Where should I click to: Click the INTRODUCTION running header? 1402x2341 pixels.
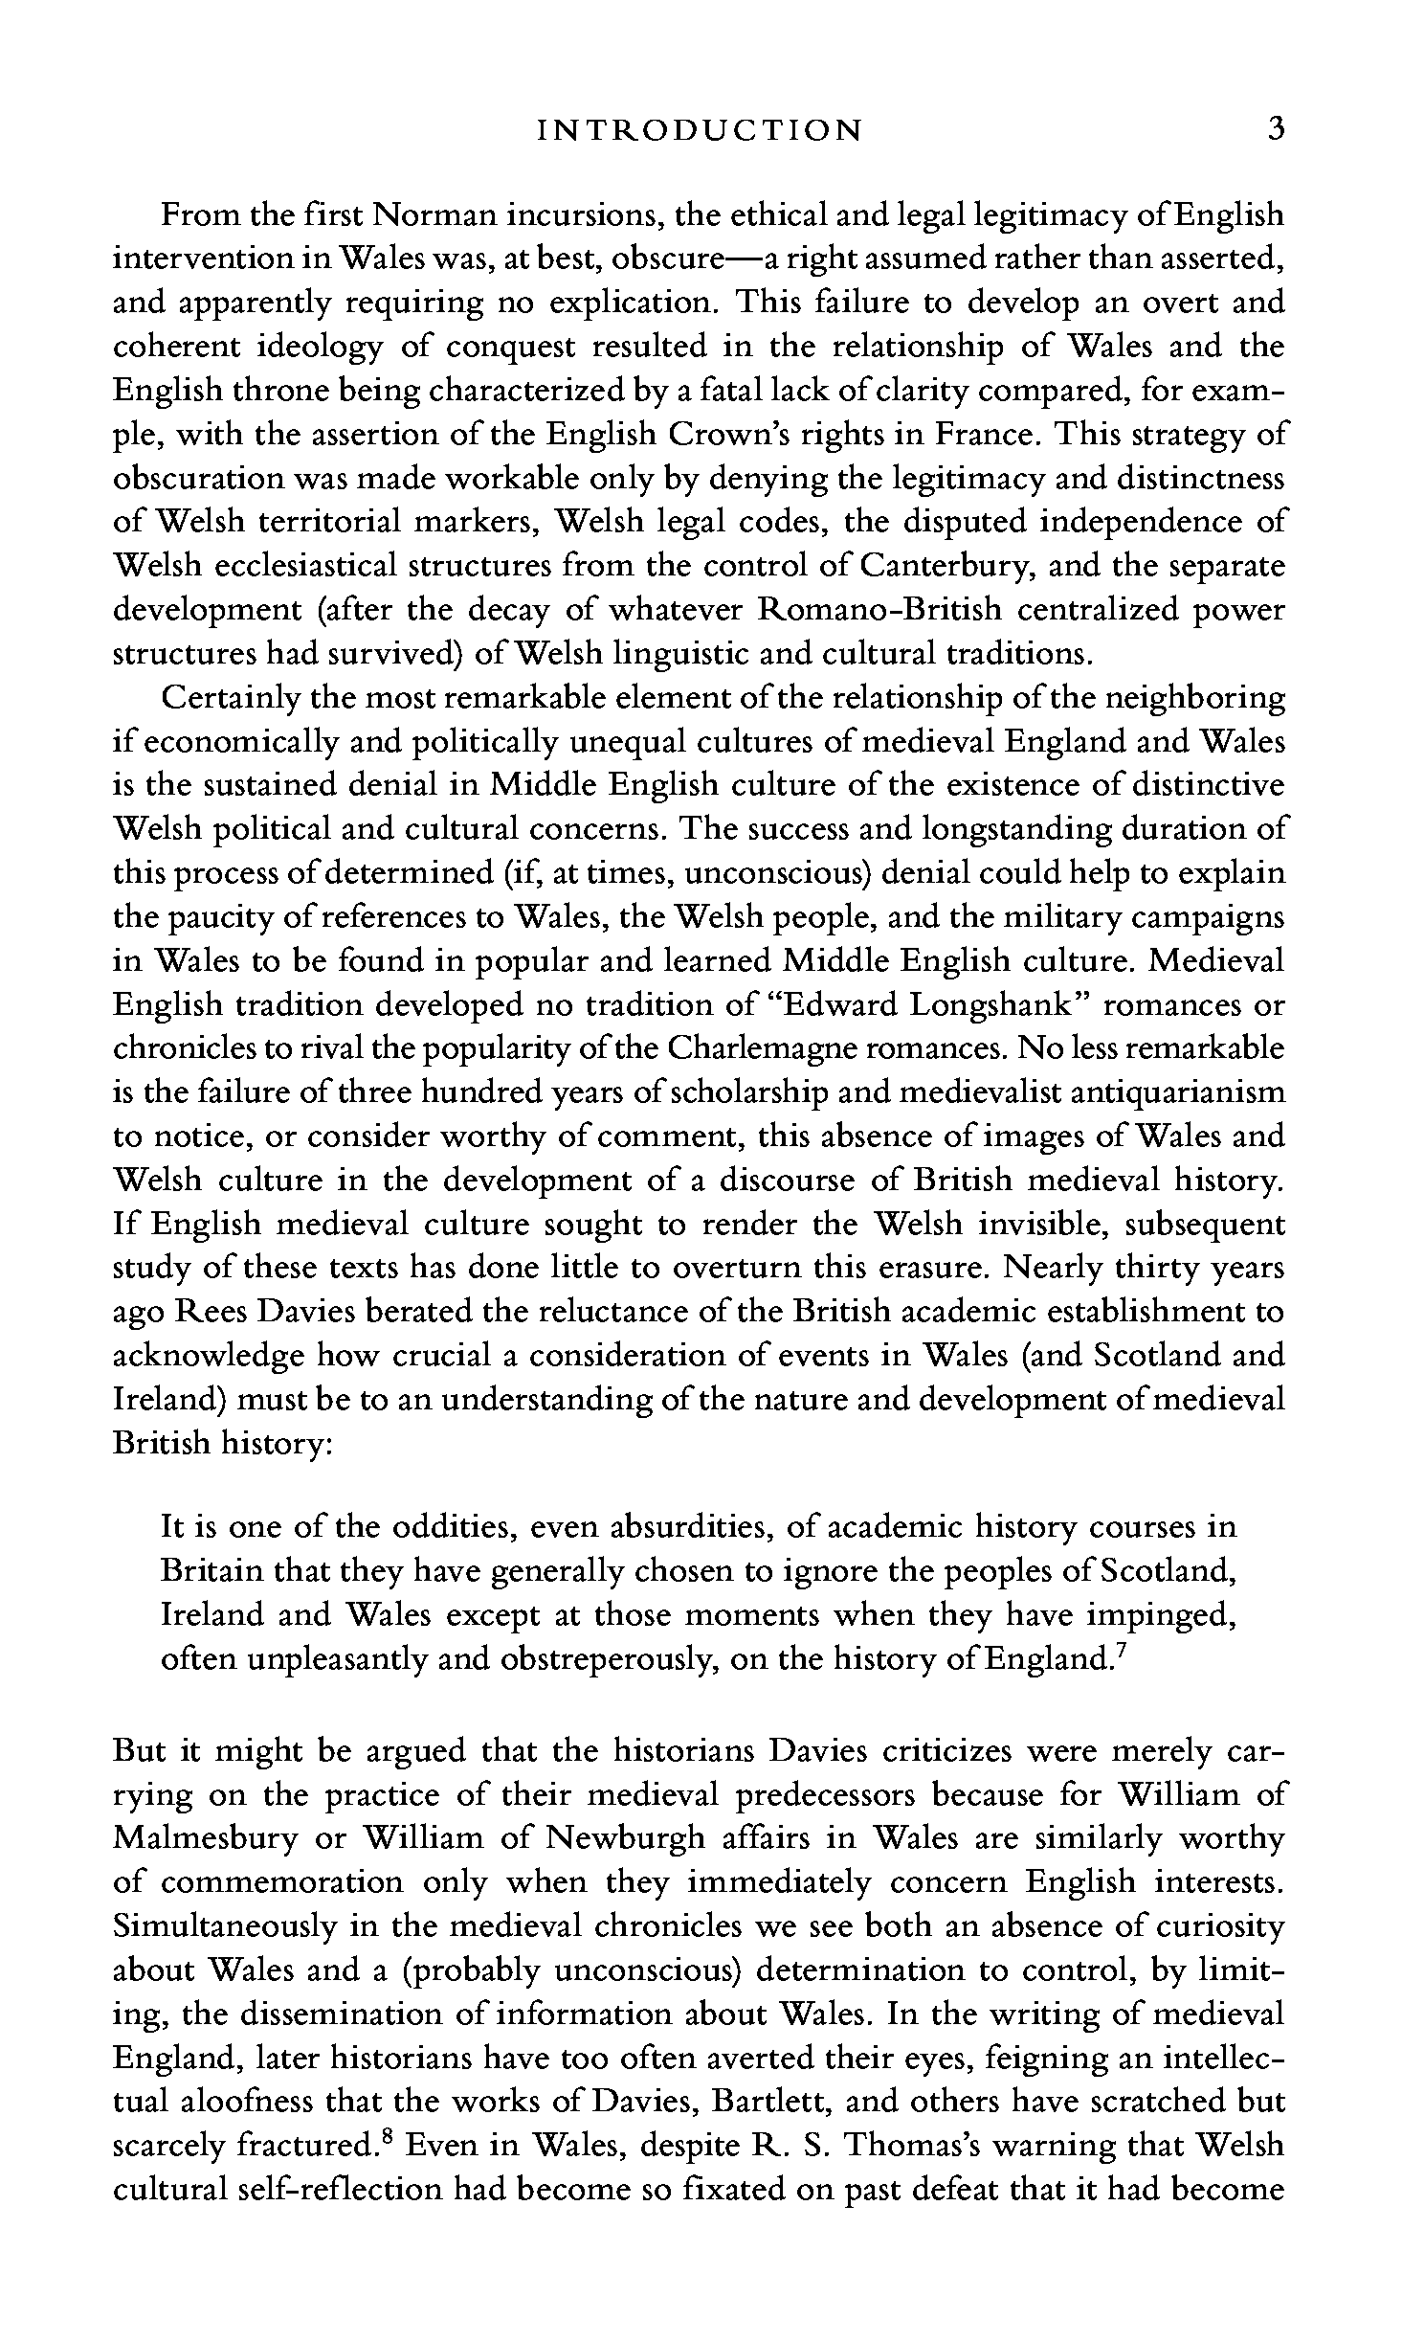click(700, 129)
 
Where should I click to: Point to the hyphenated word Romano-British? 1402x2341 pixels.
click(879, 610)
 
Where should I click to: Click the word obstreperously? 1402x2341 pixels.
click(605, 1659)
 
